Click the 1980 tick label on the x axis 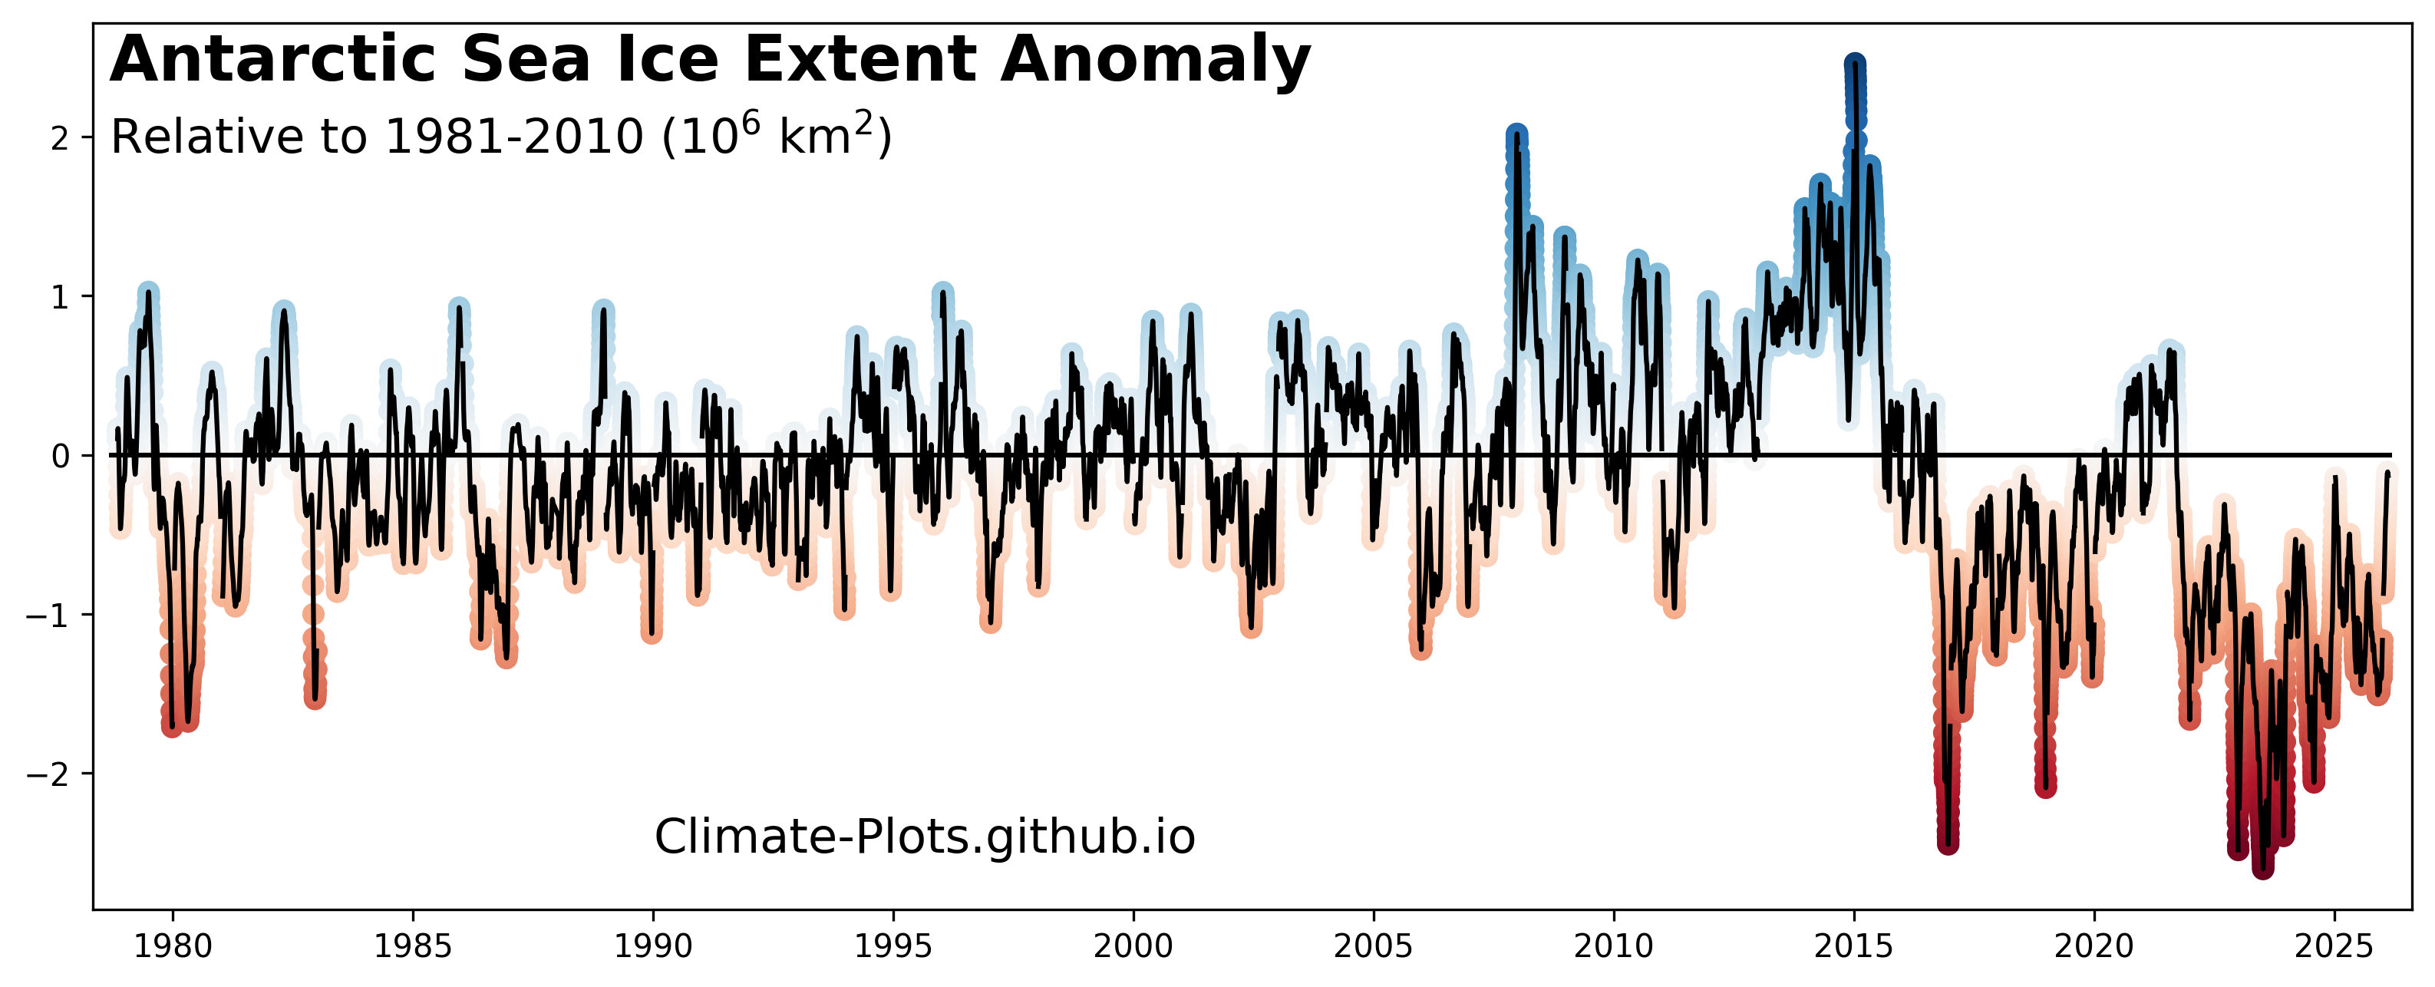(172, 946)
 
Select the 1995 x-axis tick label (893, 946)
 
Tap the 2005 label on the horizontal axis (1374, 946)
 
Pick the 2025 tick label (2334, 946)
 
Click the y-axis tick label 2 (61, 139)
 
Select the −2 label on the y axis (49, 774)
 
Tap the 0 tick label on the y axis (61, 457)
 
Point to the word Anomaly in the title (1155, 60)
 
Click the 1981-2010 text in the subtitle (514, 138)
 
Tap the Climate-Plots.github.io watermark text (925, 837)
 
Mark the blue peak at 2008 (1516, 135)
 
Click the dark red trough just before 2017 (1947, 841)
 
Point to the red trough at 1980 (172, 726)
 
